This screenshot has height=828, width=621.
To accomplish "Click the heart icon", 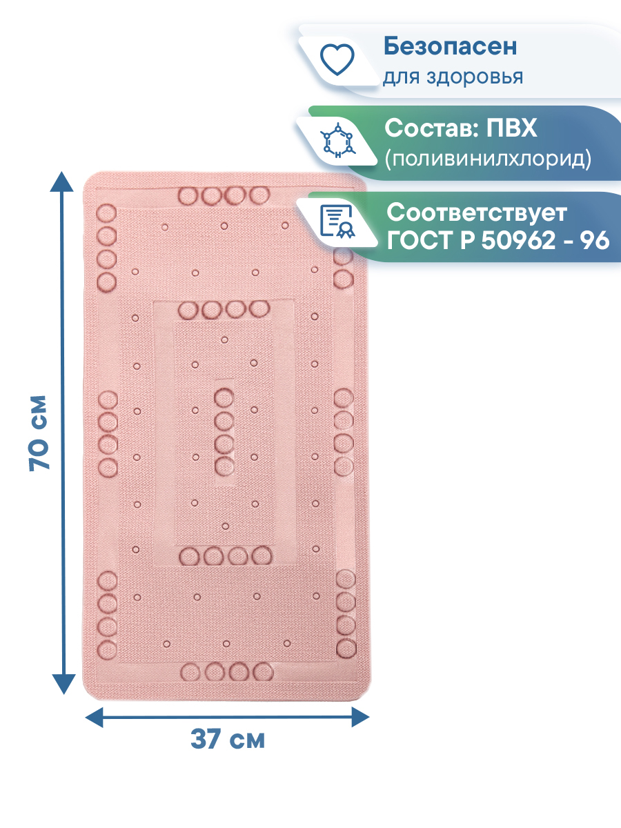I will [x=339, y=59].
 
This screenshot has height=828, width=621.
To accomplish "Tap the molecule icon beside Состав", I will [x=339, y=141].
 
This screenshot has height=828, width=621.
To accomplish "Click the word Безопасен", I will [x=450, y=47].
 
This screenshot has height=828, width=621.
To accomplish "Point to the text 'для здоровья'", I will [x=453, y=76].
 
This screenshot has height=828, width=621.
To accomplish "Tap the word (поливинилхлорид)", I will [x=488, y=159].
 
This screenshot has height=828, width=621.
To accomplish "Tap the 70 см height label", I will [x=40, y=433].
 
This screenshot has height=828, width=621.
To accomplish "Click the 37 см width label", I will [x=227, y=740].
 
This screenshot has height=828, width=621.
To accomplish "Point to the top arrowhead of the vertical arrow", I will [x=63, y=181].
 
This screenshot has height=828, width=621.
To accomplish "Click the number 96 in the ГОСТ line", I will [x=595, y=241].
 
